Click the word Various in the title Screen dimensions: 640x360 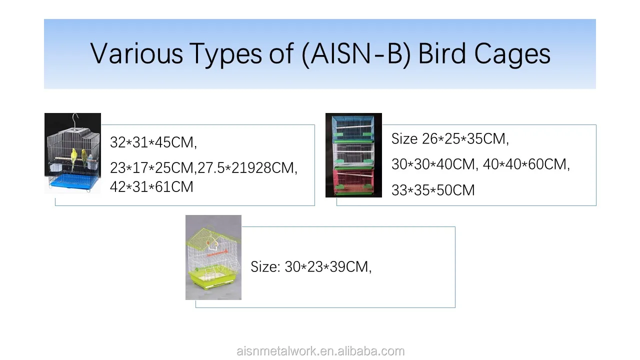136,53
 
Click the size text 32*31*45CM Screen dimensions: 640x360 153,142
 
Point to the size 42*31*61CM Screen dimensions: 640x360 151,187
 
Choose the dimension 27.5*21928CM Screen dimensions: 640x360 247,167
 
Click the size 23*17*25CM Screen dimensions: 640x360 151,167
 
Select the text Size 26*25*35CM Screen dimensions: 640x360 450,139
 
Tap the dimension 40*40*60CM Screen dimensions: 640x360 526,164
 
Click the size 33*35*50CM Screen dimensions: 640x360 433,190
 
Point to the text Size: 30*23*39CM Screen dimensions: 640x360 311,267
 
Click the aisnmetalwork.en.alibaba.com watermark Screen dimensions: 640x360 320,351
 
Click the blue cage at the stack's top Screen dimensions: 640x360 353,128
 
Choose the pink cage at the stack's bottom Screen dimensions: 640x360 353,181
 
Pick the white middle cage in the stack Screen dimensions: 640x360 353,155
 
